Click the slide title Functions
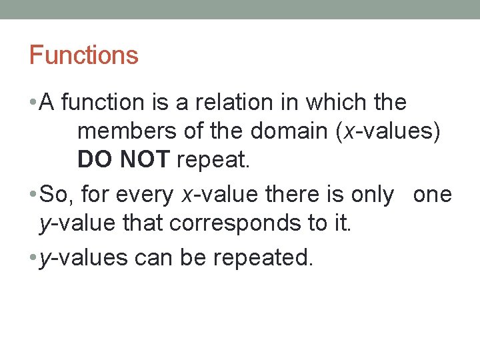[x=83, y=55]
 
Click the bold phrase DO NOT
[x=123, y=160]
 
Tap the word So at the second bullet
[x=53, y=195]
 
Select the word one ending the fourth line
[x=432, y=195]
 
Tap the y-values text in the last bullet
[x=83, y=257]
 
